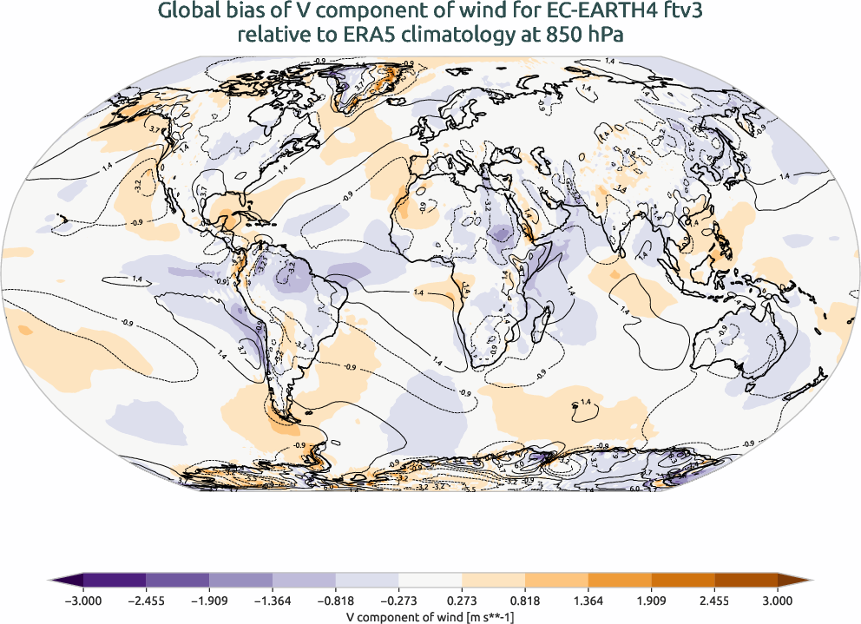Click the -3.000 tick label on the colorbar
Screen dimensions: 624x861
click(x=83, y=600)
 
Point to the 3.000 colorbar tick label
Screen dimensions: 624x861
click(x=778, y=600)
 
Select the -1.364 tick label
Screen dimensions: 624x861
click(x=273, y=600)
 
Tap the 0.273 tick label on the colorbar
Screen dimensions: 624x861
click(x=462, y=600)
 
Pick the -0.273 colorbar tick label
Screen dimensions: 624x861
click(x=398, y=600)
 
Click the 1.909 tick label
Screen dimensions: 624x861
click(x=651, y=600)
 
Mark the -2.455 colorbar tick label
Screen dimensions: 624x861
click(x=146, y=600)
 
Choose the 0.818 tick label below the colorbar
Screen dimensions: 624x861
click(x=525, y=600)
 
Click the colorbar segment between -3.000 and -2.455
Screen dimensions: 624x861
click(x=115, y=581)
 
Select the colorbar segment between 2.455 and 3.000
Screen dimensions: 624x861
click(x=746, y=581)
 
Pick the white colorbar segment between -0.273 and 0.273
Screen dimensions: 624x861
click(x=430, y=581)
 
